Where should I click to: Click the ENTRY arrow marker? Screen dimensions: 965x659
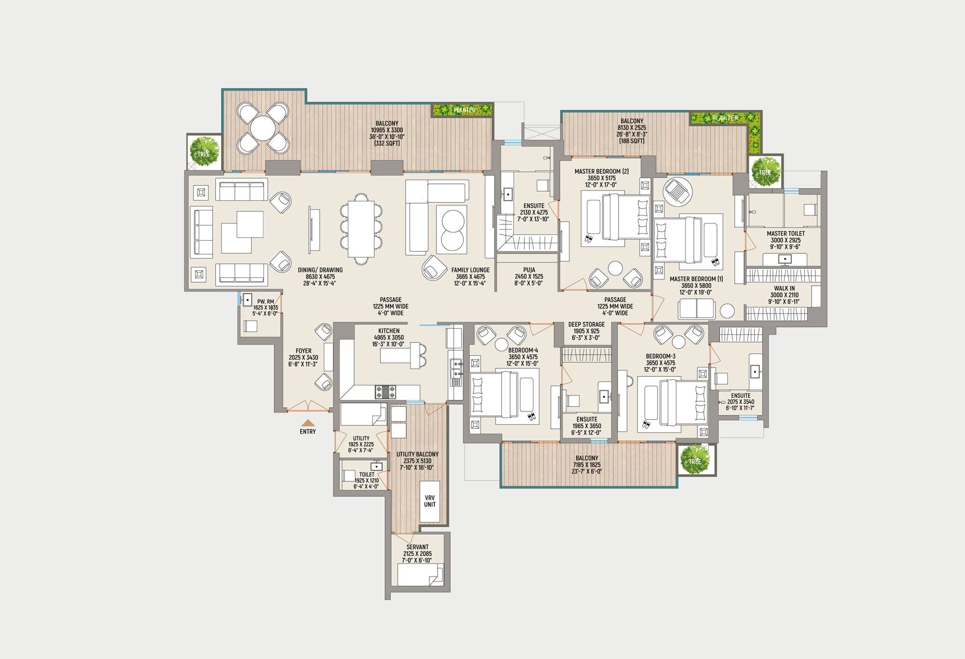308,423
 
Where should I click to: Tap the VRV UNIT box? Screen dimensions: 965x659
429,501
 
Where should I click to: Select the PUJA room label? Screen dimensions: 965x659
529,270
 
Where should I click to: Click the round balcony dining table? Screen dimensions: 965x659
262,128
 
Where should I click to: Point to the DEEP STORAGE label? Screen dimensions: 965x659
586,325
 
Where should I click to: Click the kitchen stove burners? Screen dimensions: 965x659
386,392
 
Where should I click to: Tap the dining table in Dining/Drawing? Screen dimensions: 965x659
361,229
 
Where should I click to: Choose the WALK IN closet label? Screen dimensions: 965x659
784,288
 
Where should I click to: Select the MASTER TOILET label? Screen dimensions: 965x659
786,233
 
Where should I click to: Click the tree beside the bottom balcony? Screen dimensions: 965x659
695,459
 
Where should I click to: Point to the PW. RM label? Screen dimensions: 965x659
265,302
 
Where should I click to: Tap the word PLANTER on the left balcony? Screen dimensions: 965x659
464,110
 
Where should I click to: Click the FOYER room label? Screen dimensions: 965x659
303,351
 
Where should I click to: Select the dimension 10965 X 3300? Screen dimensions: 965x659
387,130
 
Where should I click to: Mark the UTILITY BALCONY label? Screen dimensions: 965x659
417,454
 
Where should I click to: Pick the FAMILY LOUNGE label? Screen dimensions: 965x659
470,270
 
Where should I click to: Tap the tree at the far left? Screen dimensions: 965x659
204,151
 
